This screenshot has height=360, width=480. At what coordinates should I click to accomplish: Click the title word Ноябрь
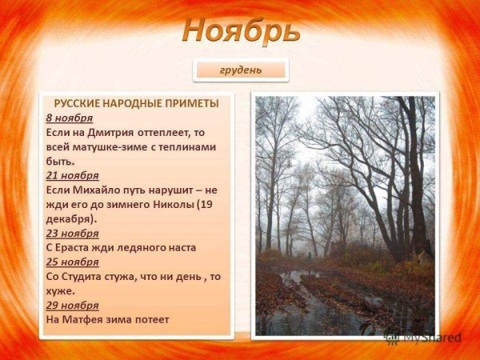coord(241,30)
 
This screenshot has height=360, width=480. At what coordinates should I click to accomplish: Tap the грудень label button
coord(241,70)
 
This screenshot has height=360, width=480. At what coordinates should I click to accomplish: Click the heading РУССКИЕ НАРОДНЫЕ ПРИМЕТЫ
coord(136,103)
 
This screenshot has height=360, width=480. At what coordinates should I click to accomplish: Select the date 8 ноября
coord(69,118)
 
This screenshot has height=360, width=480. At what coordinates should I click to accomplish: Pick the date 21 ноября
coord(72,175)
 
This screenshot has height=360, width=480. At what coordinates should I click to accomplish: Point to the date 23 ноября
coord(72,233)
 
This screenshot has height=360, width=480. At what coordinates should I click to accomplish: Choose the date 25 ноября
coord(72,262)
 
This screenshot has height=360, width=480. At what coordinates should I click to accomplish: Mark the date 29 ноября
coord(72,305)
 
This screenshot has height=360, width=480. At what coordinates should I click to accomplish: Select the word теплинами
coord(186,146)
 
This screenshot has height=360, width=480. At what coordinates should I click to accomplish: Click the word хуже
coord(61,290)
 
